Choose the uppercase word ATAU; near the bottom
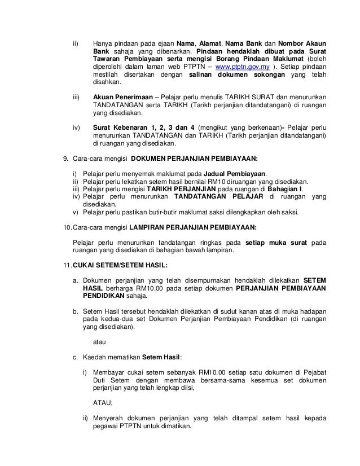click(x=102, y=403)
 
